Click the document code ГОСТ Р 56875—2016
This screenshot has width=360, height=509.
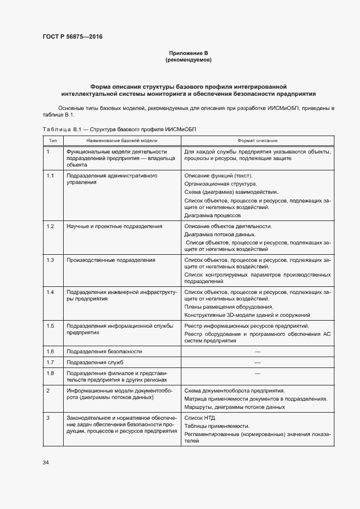pyautogui.click(x=72, y=37)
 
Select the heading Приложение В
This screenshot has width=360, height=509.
pyautogui.click(x=188, y=53)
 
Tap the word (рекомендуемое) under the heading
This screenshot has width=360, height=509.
pyautogui.click(x=188, y=59)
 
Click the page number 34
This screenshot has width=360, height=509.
pyautogui.click(x=46, y=462)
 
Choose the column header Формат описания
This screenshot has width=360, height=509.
pyautogui.click(x=257, y=140)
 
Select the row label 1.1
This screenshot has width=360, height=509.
pyautogui.click(x=50, y=176)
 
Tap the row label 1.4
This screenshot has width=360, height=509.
pyautogui.click(x=50, y=292)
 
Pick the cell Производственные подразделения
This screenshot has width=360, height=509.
pyautogui.click(x=111, y=260)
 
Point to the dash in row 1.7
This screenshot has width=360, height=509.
pyautogui.click(x=257, y=362)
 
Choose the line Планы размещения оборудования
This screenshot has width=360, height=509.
pyautogui.click(x=229, y=306)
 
